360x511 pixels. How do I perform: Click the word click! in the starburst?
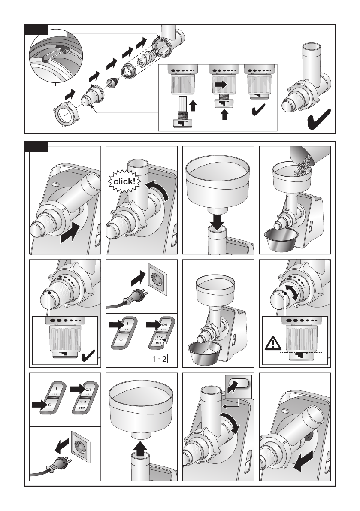click(124, 181)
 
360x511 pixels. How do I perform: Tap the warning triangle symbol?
click(273, 344)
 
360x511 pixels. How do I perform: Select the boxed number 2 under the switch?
click(164, 359)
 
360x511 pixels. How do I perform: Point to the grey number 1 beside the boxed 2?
click(154, 359)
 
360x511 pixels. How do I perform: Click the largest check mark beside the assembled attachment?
click(319, 119)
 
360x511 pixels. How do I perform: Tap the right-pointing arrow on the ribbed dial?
click(221, 85)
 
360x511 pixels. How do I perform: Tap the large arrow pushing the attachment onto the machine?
click(70, 233)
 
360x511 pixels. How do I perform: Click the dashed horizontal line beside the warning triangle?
click(301, 353)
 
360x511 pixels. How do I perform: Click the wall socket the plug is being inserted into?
click(157, 279)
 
